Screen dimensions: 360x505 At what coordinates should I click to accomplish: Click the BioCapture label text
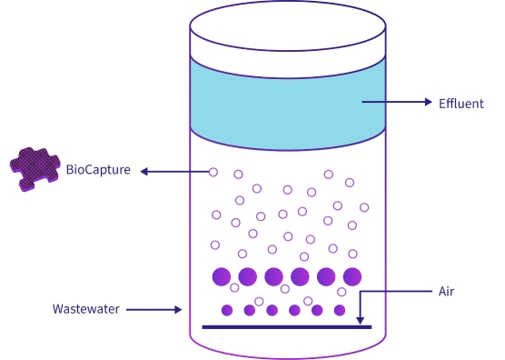pyautogui.click(x=99, y=170)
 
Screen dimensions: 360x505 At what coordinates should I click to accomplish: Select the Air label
pyautogui.click(x=446, y=292)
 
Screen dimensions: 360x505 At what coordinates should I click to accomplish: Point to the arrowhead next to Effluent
pyautogui.click(x=429, y=103)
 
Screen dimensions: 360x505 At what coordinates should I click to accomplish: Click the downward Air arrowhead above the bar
pyautogui.click(x=361, y=319)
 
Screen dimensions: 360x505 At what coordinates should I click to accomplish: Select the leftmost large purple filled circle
pyautogui.click(x=221, y=276)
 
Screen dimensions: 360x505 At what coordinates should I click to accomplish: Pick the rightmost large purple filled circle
pyautogui.click(x=352, y=276)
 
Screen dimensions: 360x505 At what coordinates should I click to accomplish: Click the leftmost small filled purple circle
pyautogui.click(x=227, y=310)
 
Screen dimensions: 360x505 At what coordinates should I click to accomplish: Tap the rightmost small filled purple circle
pyautogui.click(x=340, y=310)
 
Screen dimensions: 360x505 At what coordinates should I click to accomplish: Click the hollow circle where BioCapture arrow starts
pyautogui.click(x=213, y=171)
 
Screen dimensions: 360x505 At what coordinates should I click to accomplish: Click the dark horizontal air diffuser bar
pyautogui.click(x=286, y=326)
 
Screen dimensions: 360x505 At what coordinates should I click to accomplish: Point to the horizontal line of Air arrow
pyautogui.click(x=395, y=292)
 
